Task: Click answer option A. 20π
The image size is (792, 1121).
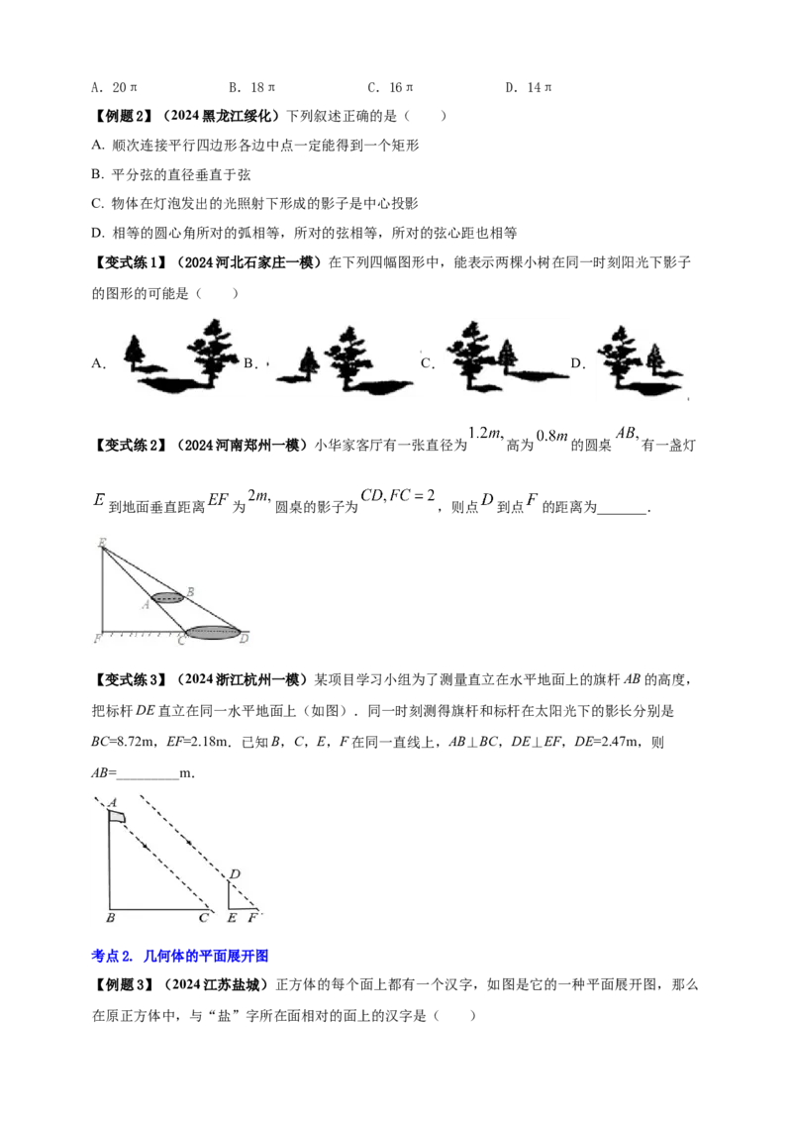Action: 115,87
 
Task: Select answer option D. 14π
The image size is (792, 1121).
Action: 529,87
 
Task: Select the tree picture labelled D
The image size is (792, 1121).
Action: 639,361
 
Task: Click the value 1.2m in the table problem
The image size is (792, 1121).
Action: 486,433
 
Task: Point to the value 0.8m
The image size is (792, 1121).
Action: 551,436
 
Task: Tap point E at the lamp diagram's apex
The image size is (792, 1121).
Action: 103,545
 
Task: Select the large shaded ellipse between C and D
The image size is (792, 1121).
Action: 213,632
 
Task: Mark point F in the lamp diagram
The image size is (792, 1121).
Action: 98,638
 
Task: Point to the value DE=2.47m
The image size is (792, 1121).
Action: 605,742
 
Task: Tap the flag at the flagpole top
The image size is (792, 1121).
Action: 117,816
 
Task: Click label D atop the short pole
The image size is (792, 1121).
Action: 235,873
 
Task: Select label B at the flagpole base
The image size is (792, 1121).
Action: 110,918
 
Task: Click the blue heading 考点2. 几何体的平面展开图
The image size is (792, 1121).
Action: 180,956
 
